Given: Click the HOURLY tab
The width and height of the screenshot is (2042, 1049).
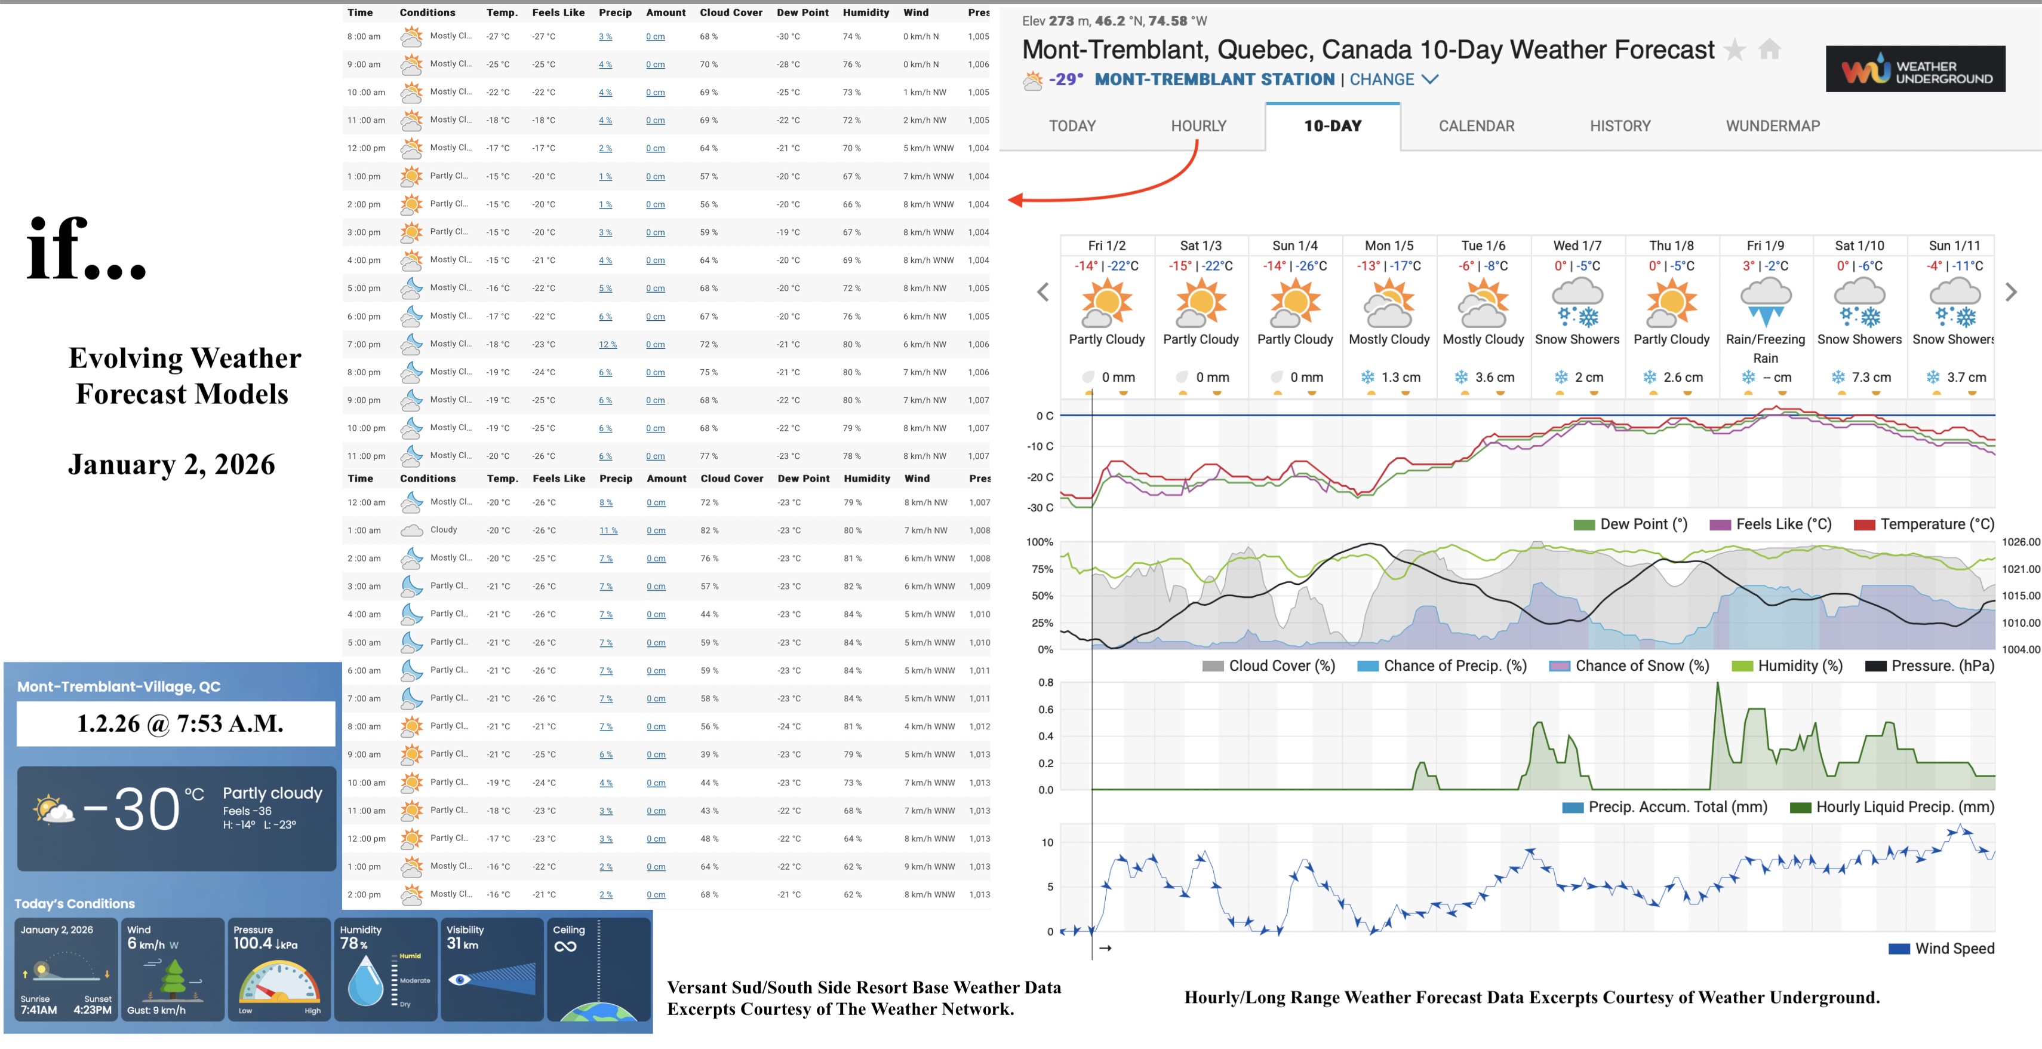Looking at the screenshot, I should point(1198,126).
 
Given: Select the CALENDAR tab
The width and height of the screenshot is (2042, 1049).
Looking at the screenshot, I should point(1476,126).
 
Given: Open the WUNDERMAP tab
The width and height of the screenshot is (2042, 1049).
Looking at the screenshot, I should point(1773,126).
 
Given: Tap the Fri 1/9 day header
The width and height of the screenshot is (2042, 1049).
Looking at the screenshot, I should point(1766,246).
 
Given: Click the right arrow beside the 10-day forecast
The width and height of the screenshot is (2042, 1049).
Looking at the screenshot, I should point(2010,293).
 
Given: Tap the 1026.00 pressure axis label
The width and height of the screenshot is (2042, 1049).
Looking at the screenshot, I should point(2020,542).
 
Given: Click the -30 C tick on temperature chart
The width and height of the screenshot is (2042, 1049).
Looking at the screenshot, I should point(1040,507).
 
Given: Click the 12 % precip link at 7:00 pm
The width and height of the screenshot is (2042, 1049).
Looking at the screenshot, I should point(607,345).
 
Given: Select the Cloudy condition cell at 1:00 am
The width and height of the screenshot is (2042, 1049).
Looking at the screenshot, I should point(443,530).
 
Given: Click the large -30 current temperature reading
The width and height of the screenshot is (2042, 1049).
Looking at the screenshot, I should point(133,809).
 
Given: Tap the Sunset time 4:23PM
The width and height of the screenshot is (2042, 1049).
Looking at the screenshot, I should point(92,1010).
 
